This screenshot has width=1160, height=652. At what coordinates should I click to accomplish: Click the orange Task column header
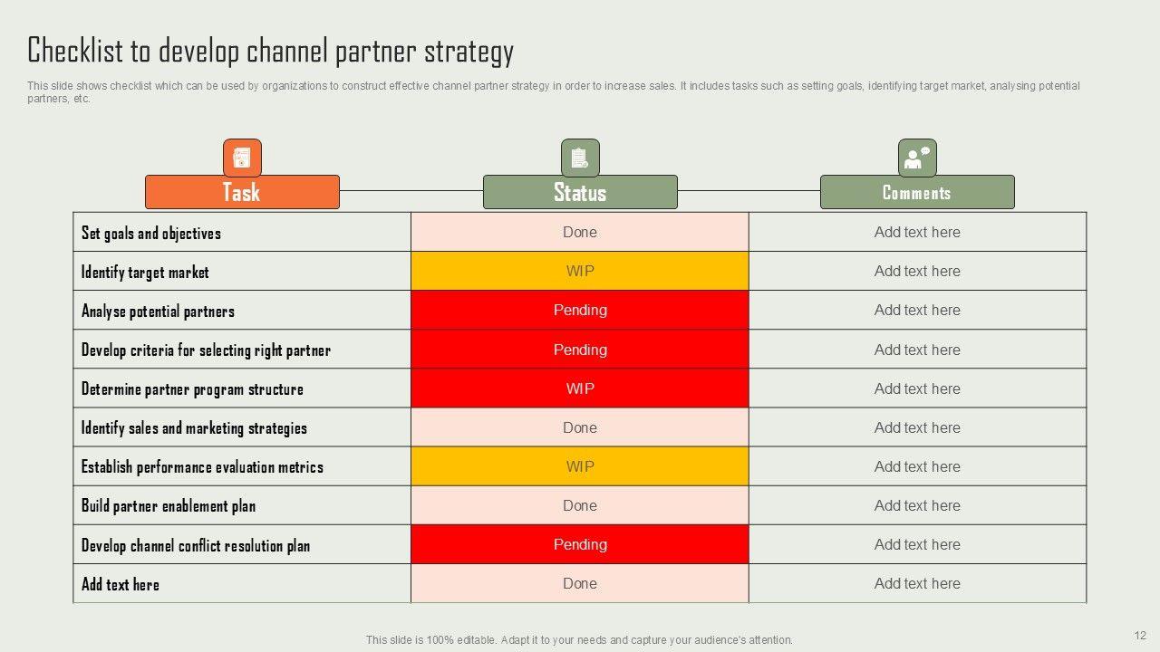(242, 192)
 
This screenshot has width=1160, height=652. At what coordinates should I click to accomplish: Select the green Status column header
(580, 192)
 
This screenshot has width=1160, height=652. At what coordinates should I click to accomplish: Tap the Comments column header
(917, 192)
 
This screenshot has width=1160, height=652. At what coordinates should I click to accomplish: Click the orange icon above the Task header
(242, 158)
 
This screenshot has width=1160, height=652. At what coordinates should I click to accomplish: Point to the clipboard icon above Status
(580, 158)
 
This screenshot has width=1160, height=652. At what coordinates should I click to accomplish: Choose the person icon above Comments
(917, 158)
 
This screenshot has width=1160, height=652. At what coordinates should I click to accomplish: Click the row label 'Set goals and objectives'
(151, 233)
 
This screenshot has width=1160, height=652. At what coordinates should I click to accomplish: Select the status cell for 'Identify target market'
(580, 271)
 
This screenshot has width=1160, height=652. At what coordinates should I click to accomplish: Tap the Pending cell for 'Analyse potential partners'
(580, 310)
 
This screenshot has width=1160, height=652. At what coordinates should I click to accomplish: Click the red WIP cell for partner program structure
(580, 388)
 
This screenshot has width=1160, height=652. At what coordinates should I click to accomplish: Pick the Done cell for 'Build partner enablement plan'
(580, 505)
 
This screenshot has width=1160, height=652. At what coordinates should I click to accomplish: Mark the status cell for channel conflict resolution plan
(580, 544)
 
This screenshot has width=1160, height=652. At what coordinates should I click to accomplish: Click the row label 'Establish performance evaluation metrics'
(202, 467)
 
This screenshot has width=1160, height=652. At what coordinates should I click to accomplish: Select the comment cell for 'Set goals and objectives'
(917, 232)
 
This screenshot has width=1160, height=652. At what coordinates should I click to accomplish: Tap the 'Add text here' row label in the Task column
(121, 584)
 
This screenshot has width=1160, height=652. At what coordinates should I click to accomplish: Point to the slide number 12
(1140, 635)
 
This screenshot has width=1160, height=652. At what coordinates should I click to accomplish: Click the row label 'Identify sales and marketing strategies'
(194, 428)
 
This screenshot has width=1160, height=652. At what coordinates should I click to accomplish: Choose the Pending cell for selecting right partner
(580, 350)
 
